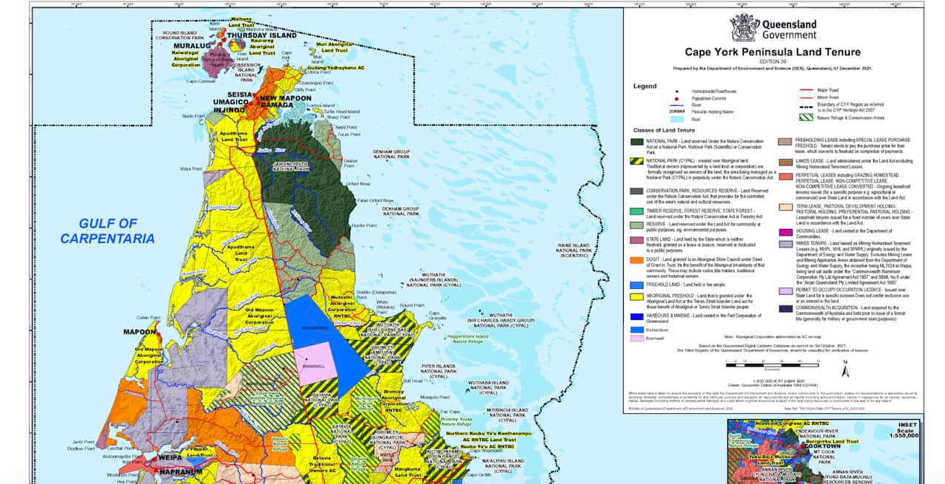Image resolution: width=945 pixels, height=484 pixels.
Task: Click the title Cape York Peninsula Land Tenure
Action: tap(772, 52)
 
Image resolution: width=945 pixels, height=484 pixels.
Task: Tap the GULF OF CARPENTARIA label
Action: tap(108, 231)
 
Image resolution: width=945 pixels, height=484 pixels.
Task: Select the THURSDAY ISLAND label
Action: tap(261, 35)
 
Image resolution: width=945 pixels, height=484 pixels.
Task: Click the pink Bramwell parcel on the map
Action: tap(316, 363)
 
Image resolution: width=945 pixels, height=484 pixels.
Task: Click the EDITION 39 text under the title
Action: tap(772, 61)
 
